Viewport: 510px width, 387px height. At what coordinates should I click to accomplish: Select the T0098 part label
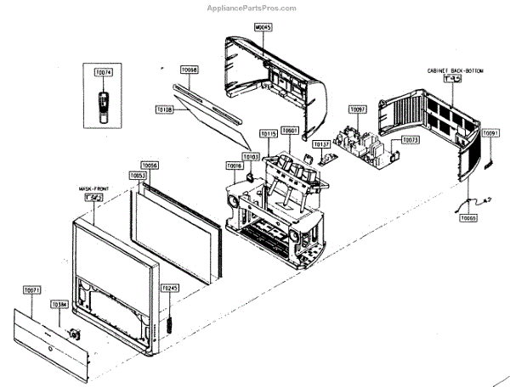[x=189, y=70]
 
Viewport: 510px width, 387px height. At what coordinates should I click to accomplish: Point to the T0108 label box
[x=165, y=109]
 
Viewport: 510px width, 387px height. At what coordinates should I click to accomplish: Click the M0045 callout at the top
[x=263, y=27]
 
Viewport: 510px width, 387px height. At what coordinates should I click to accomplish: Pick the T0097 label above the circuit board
[x=358, y=110]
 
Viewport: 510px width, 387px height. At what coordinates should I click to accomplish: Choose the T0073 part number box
[x=411, y=140]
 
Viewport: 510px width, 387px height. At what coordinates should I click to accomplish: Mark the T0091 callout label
[x=491, y=133]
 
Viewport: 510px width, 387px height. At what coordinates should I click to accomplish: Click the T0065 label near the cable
[x=468, y=218]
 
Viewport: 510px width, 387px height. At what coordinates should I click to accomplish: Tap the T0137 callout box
[x=321, y=145]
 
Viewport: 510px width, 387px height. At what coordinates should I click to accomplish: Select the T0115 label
[x=269, y=134]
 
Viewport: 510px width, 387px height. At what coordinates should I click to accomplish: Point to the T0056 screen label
[x=150, y=165]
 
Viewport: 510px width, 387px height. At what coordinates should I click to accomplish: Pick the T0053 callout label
[x=139, y=176]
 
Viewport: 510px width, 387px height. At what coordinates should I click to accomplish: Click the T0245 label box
[x=171, y=289]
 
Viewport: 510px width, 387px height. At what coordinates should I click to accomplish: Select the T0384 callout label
[x=59, y=304]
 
